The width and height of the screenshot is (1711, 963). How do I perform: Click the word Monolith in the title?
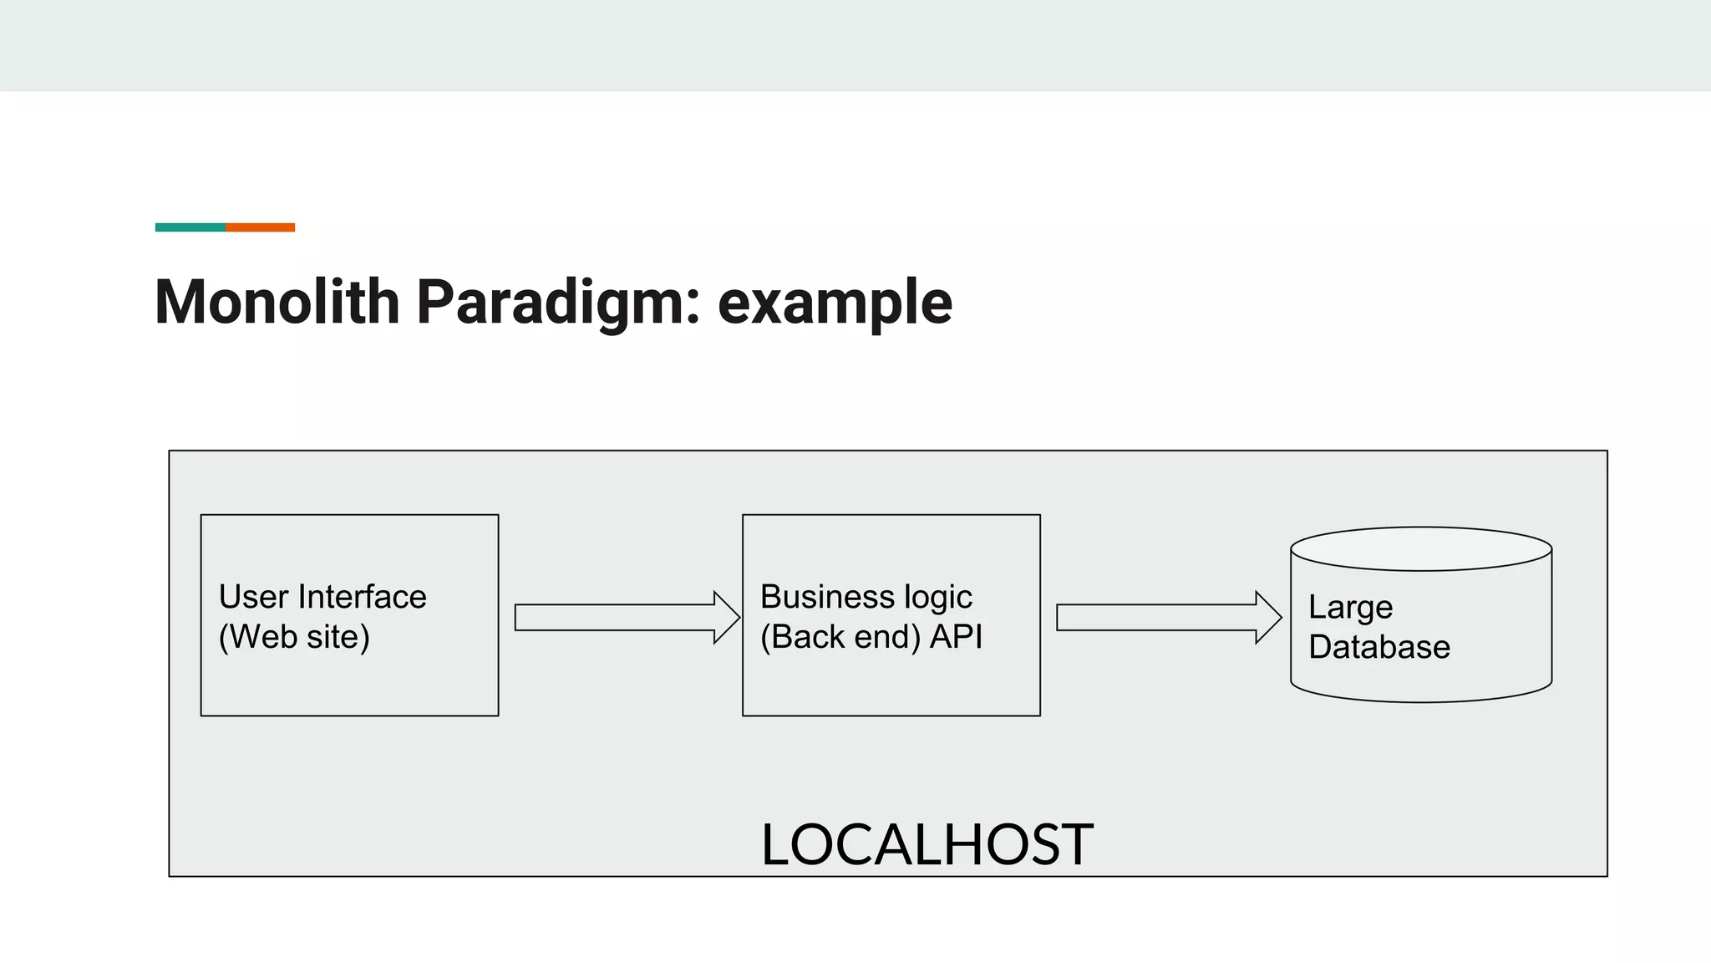pyautogui.click(x=277, y=302)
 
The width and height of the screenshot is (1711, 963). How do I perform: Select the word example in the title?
pyautogui.click(x=835, y=302)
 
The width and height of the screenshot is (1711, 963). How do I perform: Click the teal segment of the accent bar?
pyautogui.click(x=190, y=227)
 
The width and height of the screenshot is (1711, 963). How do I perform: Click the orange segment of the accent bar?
pyautogui.click(x=260, y=227)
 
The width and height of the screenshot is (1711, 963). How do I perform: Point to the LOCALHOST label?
pyautogui.click(x=927, y=844)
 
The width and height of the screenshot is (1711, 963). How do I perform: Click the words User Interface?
pyautogui.click(x=322, y=597)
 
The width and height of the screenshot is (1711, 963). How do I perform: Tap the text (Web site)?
pyautogui.click(x=294, y=637)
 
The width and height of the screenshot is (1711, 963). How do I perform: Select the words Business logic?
pyautogui.click(x=866, y=597)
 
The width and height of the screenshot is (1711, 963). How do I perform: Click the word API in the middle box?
pyautogui.click(x=956, y=637)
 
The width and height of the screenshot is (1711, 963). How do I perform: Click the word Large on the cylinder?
pyautogui.click(x=1350, y=608)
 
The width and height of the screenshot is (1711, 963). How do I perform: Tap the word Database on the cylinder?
pyautogui.click(x=1379, y=647)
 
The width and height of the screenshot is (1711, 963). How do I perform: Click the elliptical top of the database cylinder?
pyautogui.click(x=1421, y=549)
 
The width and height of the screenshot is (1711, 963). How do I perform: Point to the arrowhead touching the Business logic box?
pyautogui.click(x=726, y=618)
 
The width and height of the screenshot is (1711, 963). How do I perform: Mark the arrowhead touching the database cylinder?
pyautogui.click(x=1267, y=618)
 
